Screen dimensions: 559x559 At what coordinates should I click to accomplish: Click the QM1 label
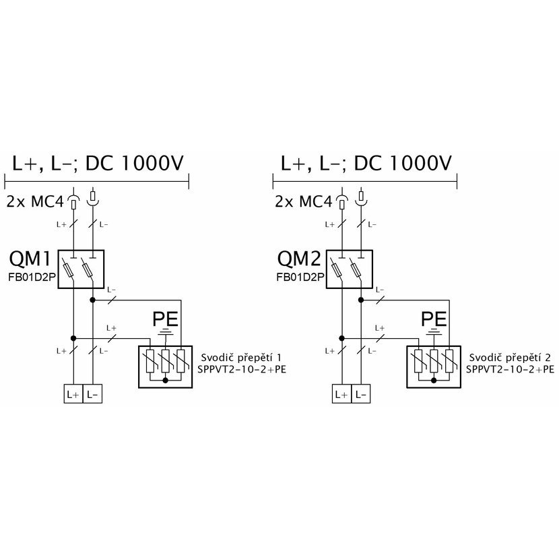[x=30, y=259]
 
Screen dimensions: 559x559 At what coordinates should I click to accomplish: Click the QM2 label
[x=299, y=259]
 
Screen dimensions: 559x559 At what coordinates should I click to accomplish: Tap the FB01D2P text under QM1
[x=32, y=277]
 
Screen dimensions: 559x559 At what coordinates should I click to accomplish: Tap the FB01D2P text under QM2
[x=300, y=277]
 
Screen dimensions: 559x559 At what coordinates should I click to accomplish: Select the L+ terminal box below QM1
[x=73, y=394]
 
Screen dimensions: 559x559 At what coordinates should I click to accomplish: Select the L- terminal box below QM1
[x=92, y=394]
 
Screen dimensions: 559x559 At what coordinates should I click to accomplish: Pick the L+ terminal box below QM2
[x=341, y=394]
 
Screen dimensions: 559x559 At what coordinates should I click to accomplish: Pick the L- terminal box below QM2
[x=361, y=394]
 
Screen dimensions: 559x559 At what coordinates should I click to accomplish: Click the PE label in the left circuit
[x=165, y=319]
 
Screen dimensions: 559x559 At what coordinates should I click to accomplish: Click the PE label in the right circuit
[x=434, y=319]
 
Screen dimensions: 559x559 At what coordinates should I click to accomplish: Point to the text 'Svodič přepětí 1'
[x=241, y=358]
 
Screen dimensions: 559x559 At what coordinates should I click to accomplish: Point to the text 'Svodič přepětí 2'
[x=510, y=358]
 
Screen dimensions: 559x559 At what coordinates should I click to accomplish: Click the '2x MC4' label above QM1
[x=35, y=202]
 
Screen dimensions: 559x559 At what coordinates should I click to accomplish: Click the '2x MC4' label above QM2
[x=303, y=202]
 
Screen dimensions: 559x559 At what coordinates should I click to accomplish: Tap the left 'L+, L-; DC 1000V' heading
[x=98, y=163]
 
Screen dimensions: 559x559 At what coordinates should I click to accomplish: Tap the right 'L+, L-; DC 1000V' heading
[x=366, y=163]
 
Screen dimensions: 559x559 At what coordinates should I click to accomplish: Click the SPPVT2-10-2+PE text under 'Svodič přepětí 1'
[x=242, y=369]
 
